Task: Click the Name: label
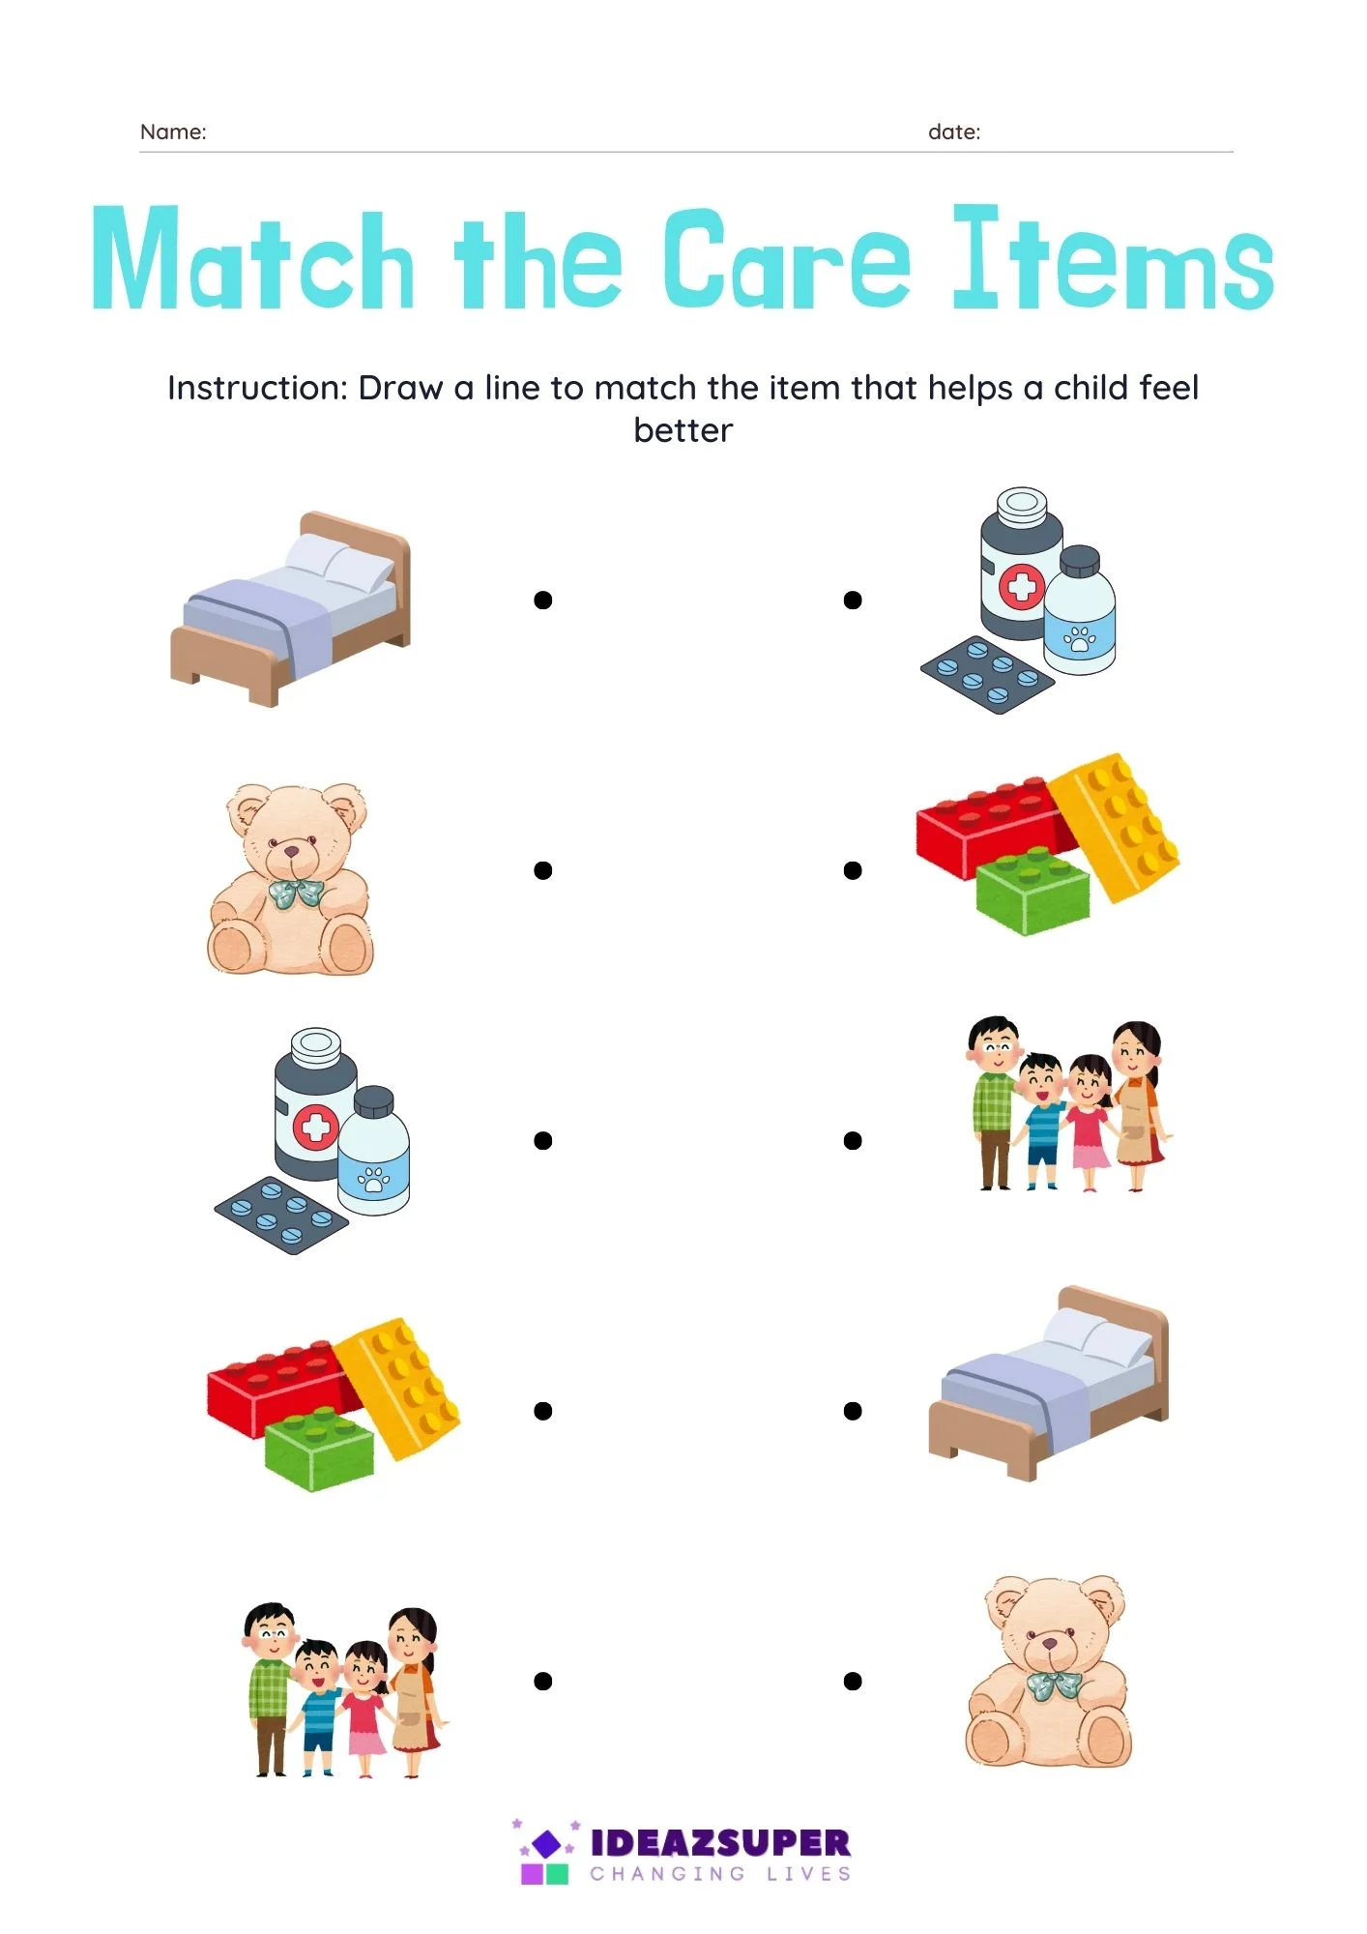(x=173, y=132)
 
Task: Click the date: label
(x=954, y=132)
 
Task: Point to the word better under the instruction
(x=683, y=430)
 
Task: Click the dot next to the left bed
(x=543, y=601)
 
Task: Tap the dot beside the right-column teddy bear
(x=853, y=1682)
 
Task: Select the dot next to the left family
(x=543, y=1682)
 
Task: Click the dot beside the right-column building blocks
(x=853, y=870)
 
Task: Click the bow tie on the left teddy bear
(x=295, y=893)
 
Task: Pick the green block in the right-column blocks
(x=1033, y=891)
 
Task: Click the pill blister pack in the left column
(x=280, y=1216)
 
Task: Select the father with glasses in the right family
(x=993, y=1102)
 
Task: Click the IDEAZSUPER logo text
(x=720, y=1842)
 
